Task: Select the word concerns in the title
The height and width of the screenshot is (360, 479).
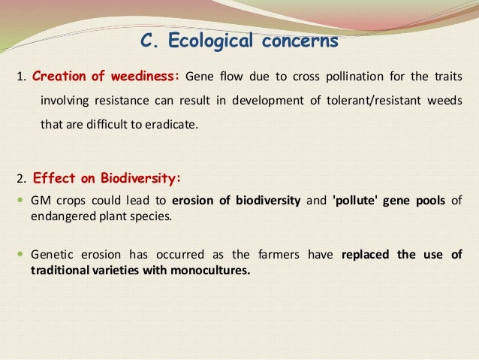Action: pyautogui.click(x=300, y=41)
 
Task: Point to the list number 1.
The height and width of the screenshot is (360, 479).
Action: pyautogui.click(x=21, y=77)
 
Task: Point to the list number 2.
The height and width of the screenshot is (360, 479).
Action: pyautogui.click(x=21, y=180)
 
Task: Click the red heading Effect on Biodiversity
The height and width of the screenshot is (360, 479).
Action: pyautogui.click(x=107, y=179)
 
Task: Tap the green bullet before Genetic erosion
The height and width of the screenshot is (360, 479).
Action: pyautogui.click(x=20, y=254)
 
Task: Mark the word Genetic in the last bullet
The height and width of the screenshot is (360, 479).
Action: pyautogui.click(x=51, y=254)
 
